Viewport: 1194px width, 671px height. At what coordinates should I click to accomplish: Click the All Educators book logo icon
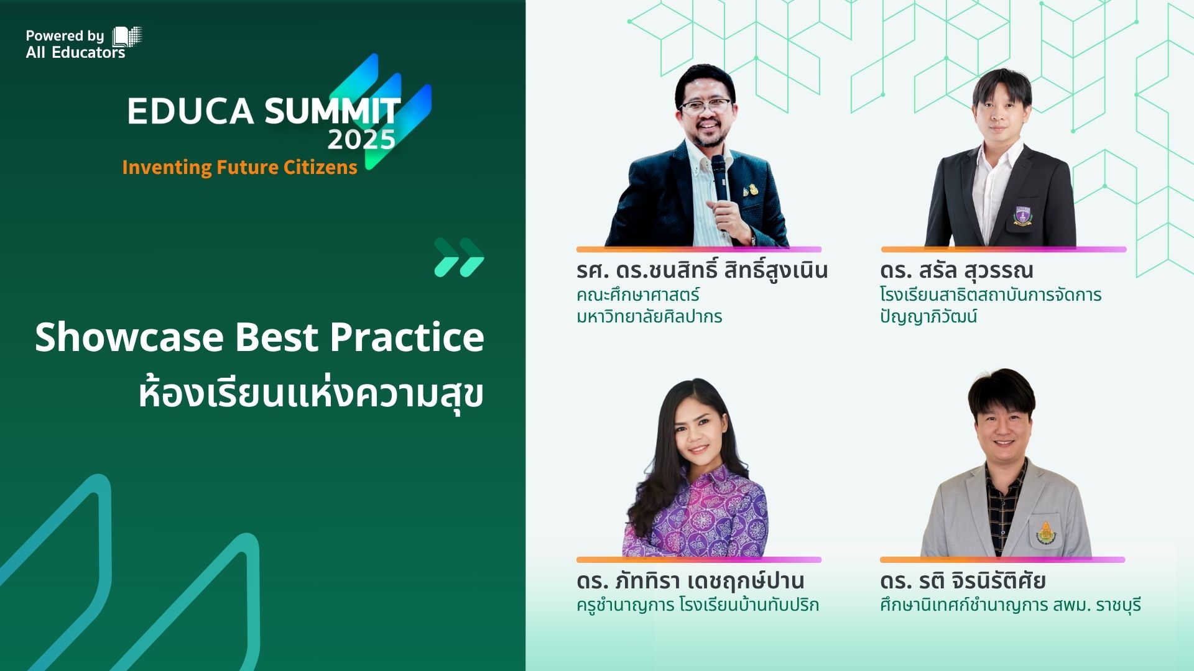[127, 37]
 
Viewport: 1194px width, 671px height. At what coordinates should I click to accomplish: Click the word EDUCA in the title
[191, 111]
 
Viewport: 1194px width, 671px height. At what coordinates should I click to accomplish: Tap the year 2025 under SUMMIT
[361, 140]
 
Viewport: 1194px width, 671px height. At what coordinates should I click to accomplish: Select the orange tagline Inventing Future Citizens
[239, 167]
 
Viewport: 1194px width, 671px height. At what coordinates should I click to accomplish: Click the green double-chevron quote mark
[459, 257]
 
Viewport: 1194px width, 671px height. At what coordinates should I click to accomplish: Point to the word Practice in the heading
[407, 337]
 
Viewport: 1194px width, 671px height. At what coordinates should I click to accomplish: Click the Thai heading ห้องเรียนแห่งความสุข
[311, 393]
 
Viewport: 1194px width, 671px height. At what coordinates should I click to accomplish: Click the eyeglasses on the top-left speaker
[707, 106]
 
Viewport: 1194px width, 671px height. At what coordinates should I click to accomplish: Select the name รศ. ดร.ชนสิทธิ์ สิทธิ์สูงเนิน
[702, 270]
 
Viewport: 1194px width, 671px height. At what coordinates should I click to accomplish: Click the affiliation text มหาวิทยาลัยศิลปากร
[649, 316]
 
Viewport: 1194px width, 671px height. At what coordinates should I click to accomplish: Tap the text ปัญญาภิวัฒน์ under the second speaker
[928, 316]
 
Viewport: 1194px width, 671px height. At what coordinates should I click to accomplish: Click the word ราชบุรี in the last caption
[1119, 605]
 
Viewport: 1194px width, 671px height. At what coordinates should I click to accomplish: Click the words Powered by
[65, 36]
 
